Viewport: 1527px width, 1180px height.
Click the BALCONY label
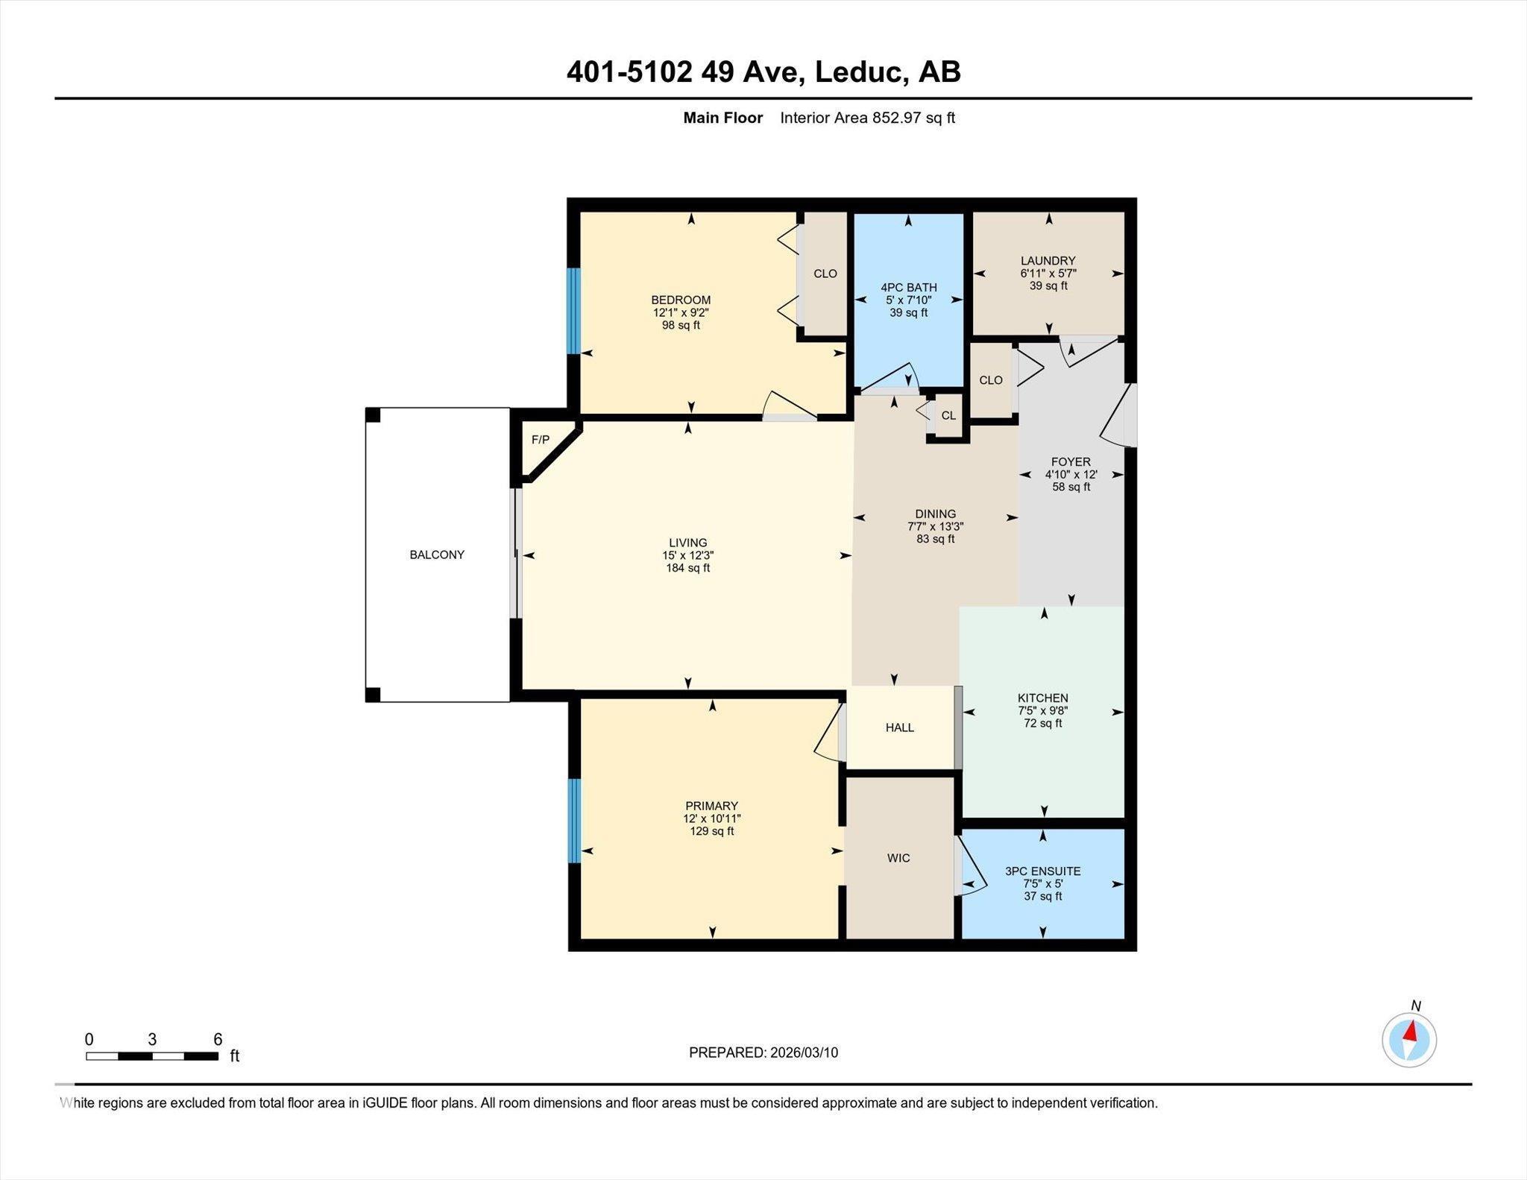pyautogui.click(x=437, y=555)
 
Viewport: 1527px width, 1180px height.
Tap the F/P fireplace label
pyautogui.click(x=540, y=440)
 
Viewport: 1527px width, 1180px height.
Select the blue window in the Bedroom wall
pyautogui.click(x=573, y=310)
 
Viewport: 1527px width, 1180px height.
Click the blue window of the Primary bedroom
pyautogui.click(x=573, y=821)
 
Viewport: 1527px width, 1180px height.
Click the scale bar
pyautogui.click(x=152, y=1056)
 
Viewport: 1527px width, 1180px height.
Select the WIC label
pyautogui.click(x=898, y=858)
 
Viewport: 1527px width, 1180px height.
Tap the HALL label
pyautogui.click(x=899, y=728)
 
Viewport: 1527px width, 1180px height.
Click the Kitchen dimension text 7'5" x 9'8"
pyautogui.click(x=1042, y=710)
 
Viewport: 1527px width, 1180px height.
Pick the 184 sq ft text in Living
pyautogui.click(x=687, y=568)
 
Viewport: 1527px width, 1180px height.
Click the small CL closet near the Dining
pyautogui.click(x=948, y=415)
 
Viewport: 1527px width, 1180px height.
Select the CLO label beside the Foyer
pyautogui.click(x=990, y=380)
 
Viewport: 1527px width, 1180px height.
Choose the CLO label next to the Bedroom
pyautogui.click(x=825, y=274)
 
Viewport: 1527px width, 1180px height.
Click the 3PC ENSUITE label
pyautogui.click(x=1042, y=871)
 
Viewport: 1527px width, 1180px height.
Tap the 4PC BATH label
pyautogui.click(x=908, y=287)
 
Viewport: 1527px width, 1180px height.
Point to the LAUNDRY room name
pyautogui.click(x=1048, y=260)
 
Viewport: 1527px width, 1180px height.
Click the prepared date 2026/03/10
pyautogui.click(x=804, y=1053)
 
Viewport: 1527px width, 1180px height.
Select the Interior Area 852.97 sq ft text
pyautogui.click(x=867, y=118)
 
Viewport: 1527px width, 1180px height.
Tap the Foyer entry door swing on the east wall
pyautogui.click(x=1117, y=417)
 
